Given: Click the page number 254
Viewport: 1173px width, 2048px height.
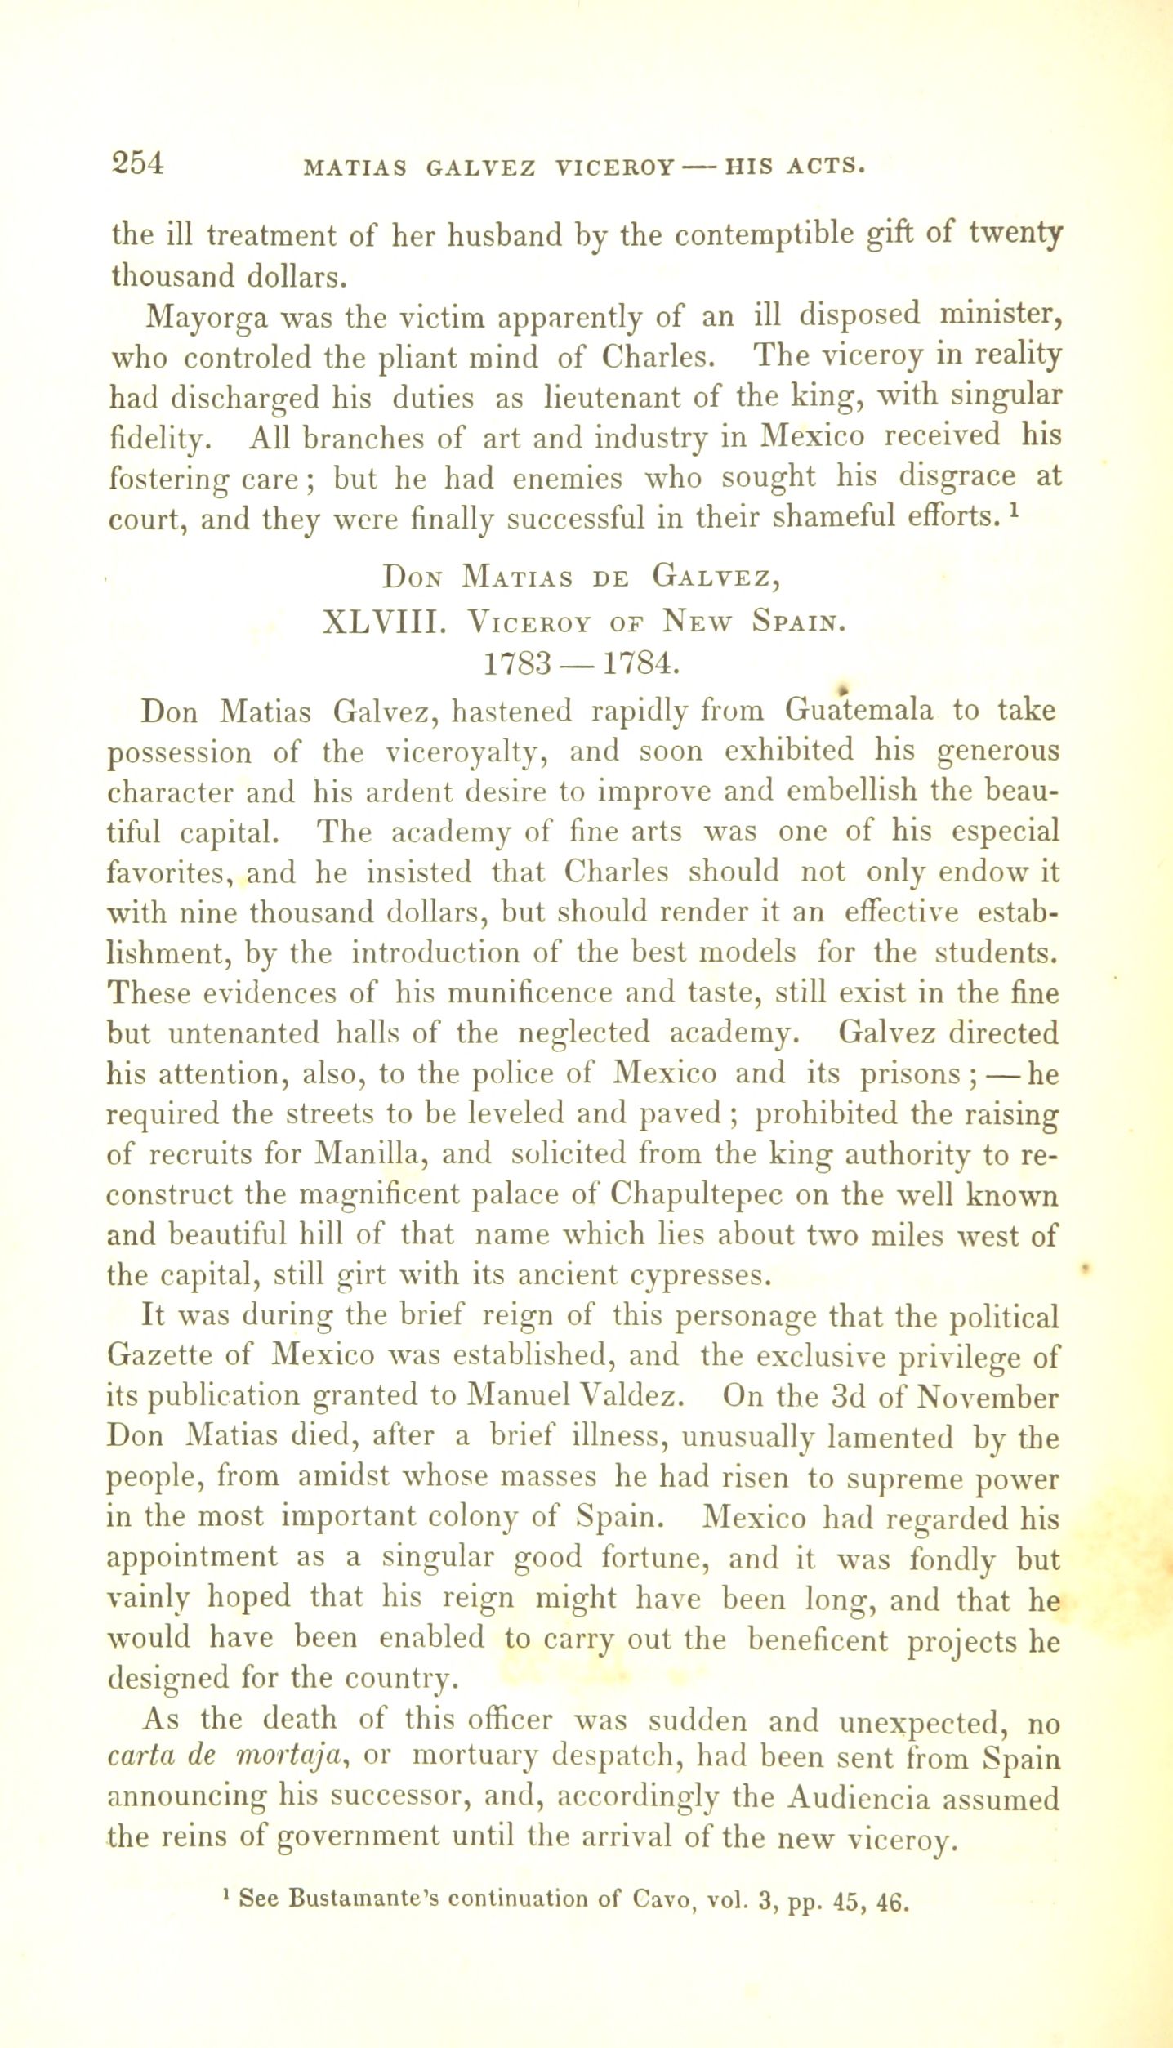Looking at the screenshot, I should (x=139, y=164).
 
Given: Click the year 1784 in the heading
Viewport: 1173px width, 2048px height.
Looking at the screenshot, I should (x=639, y=663).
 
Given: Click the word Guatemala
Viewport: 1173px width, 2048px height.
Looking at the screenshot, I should (x=858, y=711).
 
